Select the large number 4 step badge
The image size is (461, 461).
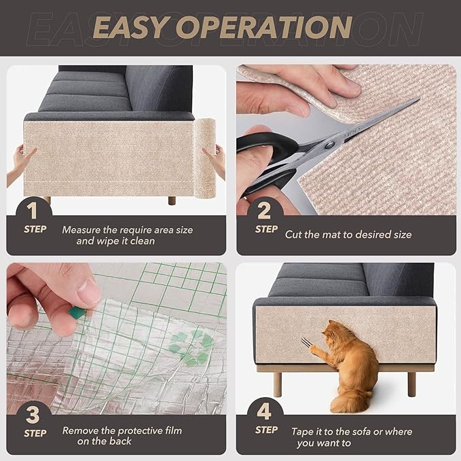(x=265, y=411)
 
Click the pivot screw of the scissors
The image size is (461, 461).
(x=329, y=144)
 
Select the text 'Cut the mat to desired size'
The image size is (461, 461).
(x=348, y=234)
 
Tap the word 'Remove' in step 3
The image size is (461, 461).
(x=81, y=430)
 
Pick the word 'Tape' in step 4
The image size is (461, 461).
(x=303, y=431)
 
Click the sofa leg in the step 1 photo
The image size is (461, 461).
(x=172, y=201)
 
